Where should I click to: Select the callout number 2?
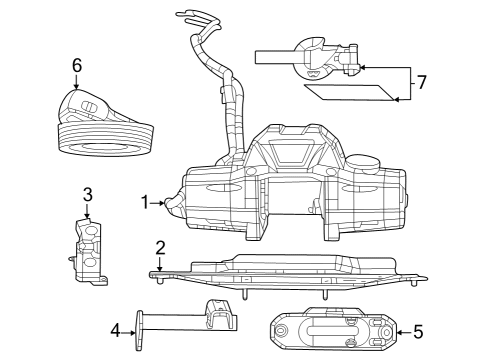[160, 247]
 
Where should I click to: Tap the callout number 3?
[88, 194]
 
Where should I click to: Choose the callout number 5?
[418, 330]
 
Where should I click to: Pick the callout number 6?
[76, 66]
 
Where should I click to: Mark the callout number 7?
[421, 82]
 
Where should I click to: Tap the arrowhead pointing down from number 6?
[77, 88]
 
